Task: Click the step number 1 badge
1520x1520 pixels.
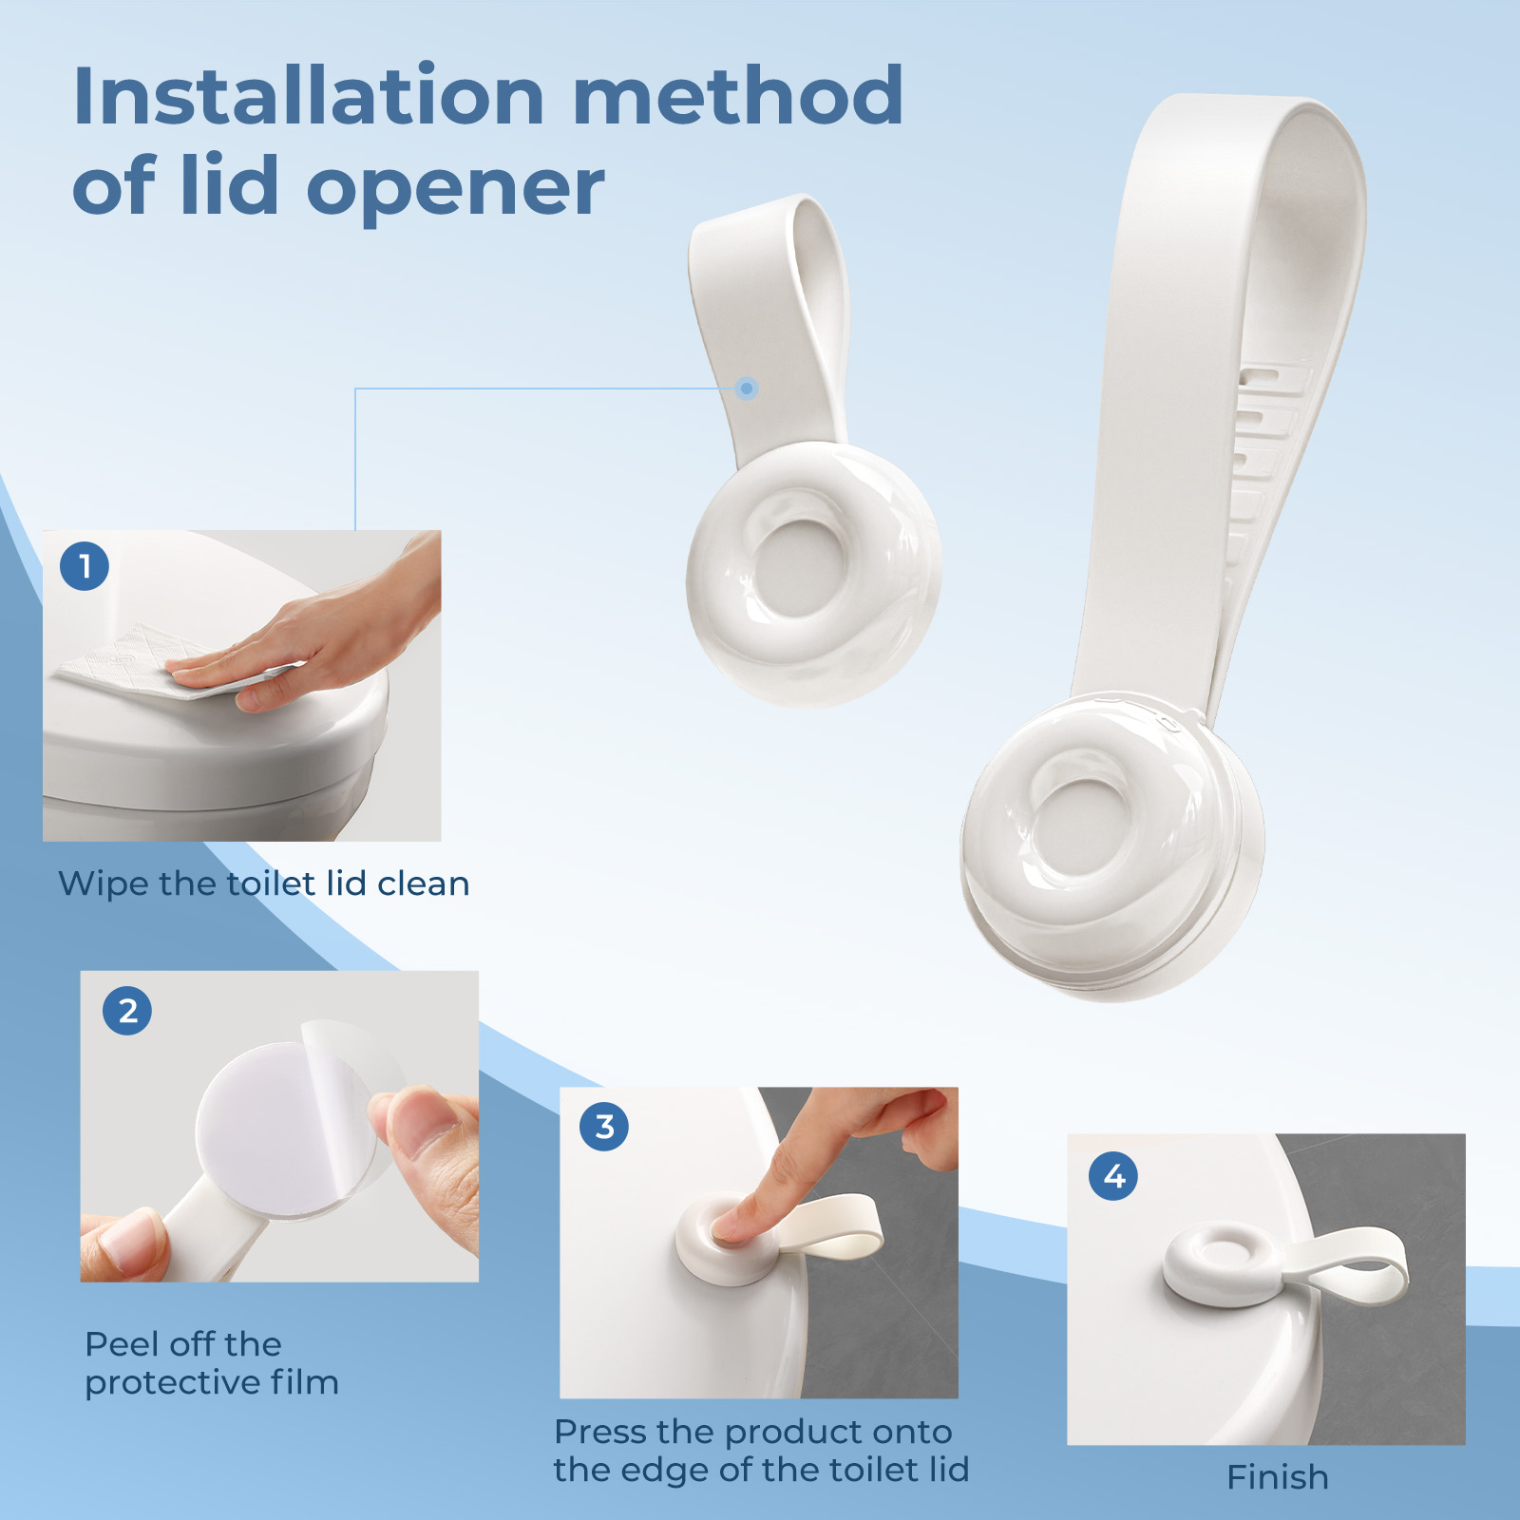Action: (x=85, y=566)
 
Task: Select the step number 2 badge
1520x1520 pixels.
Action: (x=127, y=1010)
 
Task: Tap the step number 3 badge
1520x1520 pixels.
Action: (x=604, y=1127)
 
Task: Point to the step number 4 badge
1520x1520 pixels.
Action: (x=1113, y=1176)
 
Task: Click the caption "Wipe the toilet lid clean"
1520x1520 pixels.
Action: (x=264, y=883)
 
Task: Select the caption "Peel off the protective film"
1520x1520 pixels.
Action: (x=212, y=1363)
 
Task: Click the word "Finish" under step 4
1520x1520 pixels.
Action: (x=1278, y=1477)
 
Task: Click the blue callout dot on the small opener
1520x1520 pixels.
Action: (x=747, y=388)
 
